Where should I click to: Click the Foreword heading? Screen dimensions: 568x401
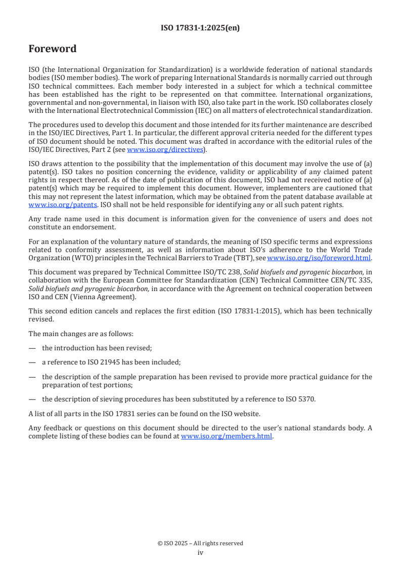[x=53, y=49]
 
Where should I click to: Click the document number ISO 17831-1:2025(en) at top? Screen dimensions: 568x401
[x=200, y=28]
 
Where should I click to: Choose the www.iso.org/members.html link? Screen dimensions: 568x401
[x=227, y=436]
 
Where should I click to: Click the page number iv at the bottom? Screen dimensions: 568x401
[x=200, y=553]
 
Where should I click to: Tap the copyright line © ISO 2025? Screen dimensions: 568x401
[x=200, y=543]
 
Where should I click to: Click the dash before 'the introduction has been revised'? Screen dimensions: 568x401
[x=32, y=348]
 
